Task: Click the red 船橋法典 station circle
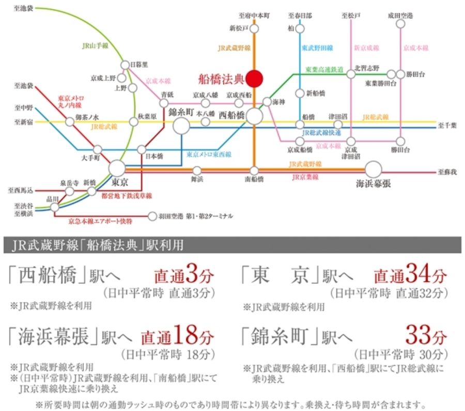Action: (254, 79)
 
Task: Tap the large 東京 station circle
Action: (117, 168)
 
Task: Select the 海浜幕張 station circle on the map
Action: (373, 169)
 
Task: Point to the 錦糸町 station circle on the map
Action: (181, 125)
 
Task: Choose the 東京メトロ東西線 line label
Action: (209, 154)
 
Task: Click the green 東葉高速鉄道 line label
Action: (324, 69)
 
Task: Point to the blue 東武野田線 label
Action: (316, 48)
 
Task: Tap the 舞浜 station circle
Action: (197, 170)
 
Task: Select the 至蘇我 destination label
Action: (447, 170)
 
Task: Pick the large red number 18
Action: (185, 336)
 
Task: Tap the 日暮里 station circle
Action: (125, 65)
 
